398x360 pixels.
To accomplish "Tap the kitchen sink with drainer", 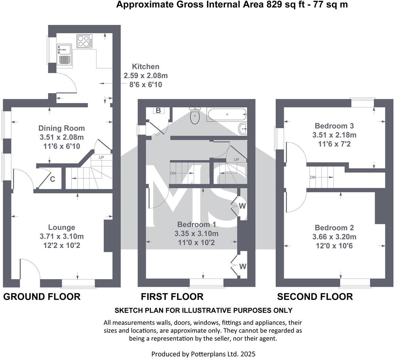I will pos(64,55).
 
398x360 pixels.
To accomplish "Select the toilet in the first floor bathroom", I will pos(195,117).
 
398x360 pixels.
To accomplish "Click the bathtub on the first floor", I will pos(227,115).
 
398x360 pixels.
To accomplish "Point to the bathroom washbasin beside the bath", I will pos(243,129).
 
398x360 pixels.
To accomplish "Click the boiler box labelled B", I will pos(158,110).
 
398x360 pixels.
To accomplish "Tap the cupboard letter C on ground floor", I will pos(53,179).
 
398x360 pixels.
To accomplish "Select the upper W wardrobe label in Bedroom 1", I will pos(242,206).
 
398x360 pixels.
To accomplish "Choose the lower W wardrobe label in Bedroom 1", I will pos(242,266).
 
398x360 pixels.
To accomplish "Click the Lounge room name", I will pos(62,227).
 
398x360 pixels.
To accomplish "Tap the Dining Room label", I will pos(62,129).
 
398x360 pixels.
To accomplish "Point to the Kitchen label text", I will pos(146,66).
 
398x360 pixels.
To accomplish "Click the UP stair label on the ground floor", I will pos(102,157).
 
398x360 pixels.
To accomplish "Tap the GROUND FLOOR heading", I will pos(42,297).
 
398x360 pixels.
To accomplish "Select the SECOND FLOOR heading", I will pos(315,297).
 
